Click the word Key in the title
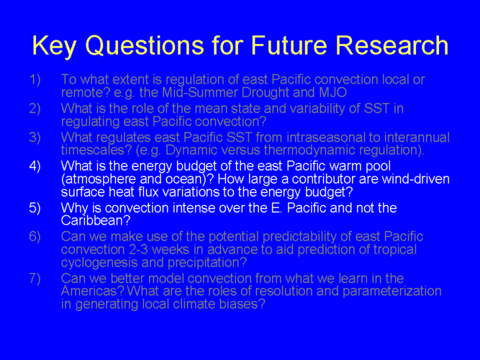[x=54, y=46]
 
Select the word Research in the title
[x=392, y=45]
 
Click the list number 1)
[x=35, y=79]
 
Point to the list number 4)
[x=35, y=166]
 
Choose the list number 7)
[x=35, y=278]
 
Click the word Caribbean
[x=96, y=220]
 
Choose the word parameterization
[x=392, y=291]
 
